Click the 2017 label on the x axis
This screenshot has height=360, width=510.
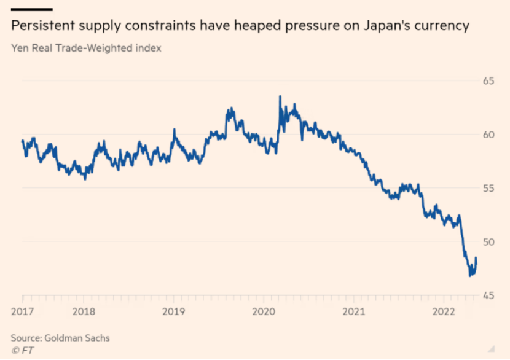[22, 311]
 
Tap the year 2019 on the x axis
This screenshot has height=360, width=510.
[174, 311]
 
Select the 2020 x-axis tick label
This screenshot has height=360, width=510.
[264, 311]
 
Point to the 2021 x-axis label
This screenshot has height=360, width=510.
[353, 311]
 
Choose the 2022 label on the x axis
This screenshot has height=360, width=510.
[443, 311]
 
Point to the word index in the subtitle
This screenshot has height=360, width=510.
[148, 48]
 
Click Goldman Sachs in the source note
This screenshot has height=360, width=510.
[75, 338]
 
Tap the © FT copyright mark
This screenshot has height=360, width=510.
[20, 350]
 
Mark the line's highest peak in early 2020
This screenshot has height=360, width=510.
[280, 96]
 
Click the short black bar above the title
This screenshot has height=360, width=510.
[31, 9]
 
